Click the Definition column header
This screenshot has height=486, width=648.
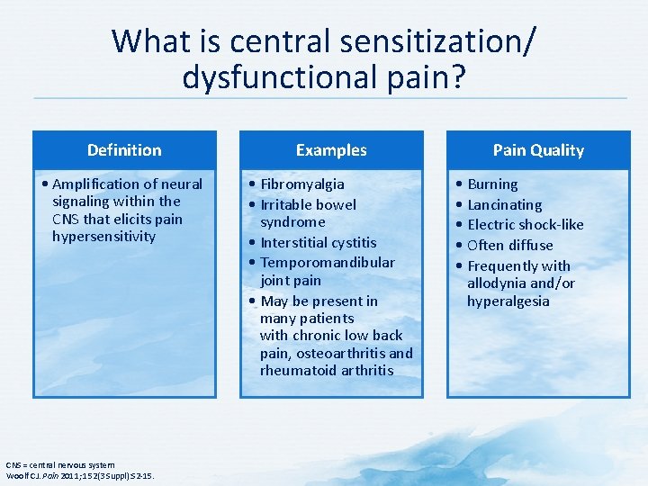pyautogui.click(x=124, y=150)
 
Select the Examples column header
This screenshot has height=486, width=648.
pyautogui.click(x=331, y=150)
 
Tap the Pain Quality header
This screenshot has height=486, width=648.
pyautogui.click(x=538, y=150)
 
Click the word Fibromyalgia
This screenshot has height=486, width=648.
pyautogui.click(x=302, y=184)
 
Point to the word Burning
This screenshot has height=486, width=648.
pyautogui.click(x=492, y=184)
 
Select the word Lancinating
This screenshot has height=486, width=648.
pyautogui.click(x=505, y=205)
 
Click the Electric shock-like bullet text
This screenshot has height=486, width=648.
pyautogui.click(x=526, y=225)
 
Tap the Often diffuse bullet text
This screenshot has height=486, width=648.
pyautogui.click(x=510, y=245)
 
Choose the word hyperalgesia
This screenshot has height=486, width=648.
pyautogui.click(x=508, y=301)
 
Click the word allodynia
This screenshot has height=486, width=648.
pyautogui.click(x=498, y=283)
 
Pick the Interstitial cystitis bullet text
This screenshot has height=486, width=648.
pyautogui.click(x=319, y=243)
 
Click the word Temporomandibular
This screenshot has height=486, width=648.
pyautogui.click(x=328, y=263)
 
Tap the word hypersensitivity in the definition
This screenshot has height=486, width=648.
pyautogui.click(x=104, y=237)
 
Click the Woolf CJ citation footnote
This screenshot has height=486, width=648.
pyautogui.click(x=80, y=475)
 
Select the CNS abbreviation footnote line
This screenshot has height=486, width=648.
pyautogui.click(x=61, y=464)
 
